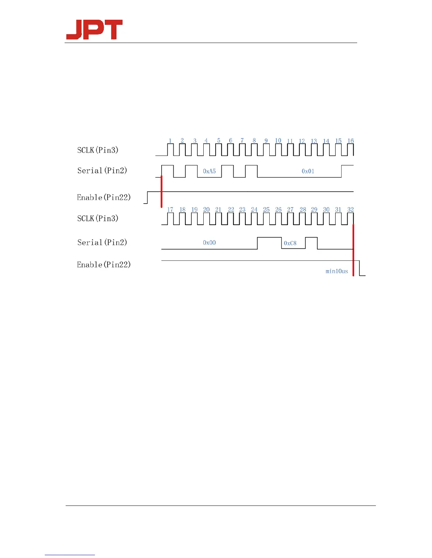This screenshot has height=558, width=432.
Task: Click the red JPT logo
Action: [94, 30]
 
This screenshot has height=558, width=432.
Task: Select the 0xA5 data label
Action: [209, 171]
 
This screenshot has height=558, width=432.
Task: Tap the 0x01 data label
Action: [308, 171]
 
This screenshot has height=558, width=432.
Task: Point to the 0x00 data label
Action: [209, 243]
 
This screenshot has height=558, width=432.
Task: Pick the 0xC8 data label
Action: [290, 243]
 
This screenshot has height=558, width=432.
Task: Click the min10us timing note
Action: [337, 271]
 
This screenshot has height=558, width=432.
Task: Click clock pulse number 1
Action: [170, 141]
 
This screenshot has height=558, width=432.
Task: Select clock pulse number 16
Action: [350, 141]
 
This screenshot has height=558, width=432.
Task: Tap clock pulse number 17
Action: [170, 210]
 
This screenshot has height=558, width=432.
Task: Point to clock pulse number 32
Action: [350, 210]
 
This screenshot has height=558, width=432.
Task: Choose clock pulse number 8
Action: [254, 141]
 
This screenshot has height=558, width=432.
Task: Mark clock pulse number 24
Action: [254, 210]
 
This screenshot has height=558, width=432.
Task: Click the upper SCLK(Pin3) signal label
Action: [98, 150]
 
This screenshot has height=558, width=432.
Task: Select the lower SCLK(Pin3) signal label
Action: [98, 218]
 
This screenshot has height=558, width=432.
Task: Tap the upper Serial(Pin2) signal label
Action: [102, 171]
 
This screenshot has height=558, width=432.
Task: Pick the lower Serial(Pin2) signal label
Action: [102, 242]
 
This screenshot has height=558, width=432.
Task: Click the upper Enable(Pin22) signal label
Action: [104, 198]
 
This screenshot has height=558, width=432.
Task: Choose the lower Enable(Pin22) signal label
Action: [104, 265]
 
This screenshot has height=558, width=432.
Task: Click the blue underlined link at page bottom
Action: [70, 555]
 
